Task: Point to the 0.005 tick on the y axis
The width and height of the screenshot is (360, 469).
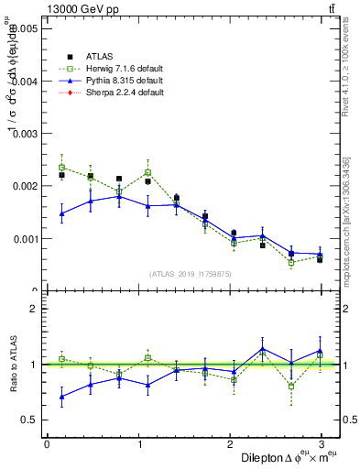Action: tap(23, 28)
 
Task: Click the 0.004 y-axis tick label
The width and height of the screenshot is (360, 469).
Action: tap(23, 82)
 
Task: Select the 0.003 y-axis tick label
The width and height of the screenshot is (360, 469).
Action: tap(23, 134)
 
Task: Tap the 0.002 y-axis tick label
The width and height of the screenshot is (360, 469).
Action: tap(23, 186)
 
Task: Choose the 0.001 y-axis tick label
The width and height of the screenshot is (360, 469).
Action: tap(23, 239)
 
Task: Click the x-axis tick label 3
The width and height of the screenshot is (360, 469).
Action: tap(320, 443)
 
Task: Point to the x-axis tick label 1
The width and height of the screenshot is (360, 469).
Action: tap(138, 443)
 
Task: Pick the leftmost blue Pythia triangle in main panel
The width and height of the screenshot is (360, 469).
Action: tap(61, 213)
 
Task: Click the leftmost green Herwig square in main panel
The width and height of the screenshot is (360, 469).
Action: tap(61, 168)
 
